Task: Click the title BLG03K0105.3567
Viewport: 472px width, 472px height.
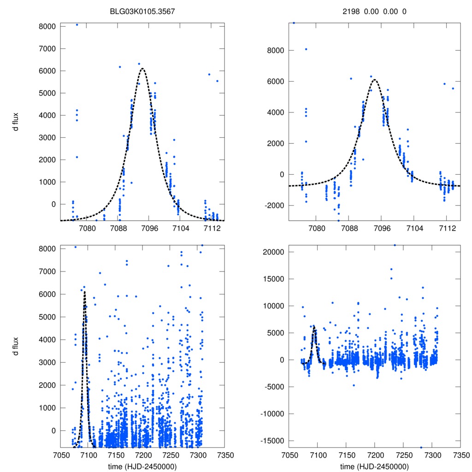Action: (x=142, y=11)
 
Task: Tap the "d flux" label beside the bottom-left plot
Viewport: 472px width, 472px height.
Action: (x=16, y=346)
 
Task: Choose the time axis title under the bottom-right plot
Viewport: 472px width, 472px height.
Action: (x=374, y=466)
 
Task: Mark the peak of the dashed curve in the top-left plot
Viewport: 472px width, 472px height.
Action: (x=142, y=69)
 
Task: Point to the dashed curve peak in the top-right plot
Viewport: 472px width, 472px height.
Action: (x=374, y=79)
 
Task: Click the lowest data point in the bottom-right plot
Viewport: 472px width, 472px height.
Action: (x=421, y=447)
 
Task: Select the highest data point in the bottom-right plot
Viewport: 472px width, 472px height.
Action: (x=395, y=245)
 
